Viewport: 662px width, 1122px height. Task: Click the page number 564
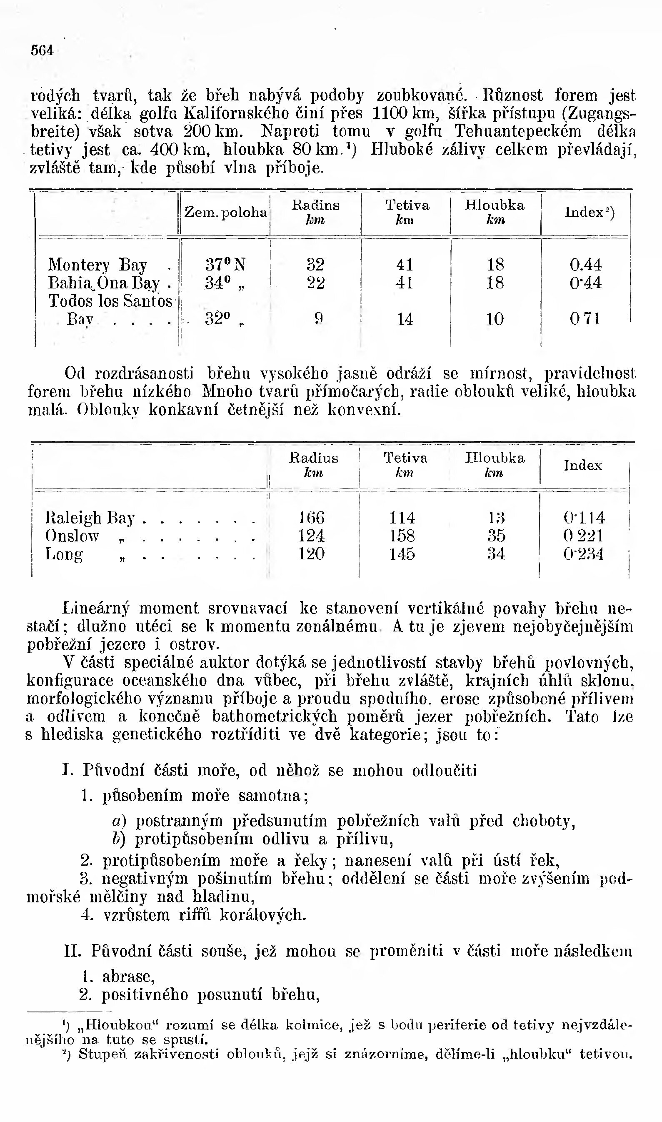pos(42,50)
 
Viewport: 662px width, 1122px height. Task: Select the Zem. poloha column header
pos(225,212)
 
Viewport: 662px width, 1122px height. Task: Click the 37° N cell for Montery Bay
pos(225,265)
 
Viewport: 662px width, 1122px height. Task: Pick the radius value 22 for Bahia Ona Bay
pos(315,283)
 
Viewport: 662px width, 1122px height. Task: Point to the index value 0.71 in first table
pos(585,319)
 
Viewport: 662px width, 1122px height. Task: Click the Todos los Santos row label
pos(110,301)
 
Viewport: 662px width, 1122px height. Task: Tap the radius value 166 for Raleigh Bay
pos(311,518)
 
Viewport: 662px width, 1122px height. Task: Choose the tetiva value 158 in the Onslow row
pos(402,536)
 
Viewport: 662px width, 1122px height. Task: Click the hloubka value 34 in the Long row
pos(495,554)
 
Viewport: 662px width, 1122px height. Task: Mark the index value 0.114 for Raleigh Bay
pos(584,518)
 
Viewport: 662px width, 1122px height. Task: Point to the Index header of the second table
pos(582,466)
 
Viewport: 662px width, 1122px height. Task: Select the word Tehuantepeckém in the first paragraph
pos(517,132)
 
